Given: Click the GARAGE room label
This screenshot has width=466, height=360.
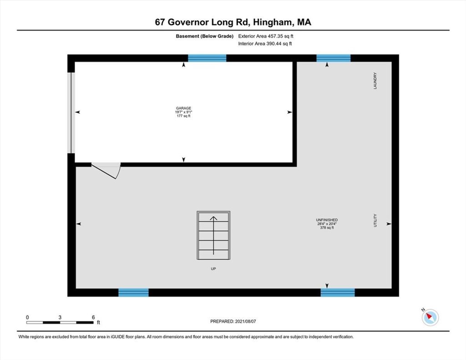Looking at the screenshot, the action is (184, 108).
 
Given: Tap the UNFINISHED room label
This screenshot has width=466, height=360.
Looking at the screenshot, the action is (327, 220).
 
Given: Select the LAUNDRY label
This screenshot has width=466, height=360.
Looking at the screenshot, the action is (375, 81).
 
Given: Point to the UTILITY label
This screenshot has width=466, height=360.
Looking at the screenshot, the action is (375, 220).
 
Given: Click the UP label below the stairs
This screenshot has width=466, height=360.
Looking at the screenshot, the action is (213, 269).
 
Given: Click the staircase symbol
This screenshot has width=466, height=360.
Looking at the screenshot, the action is (213, 235).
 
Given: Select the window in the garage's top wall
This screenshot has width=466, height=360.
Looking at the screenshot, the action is (207, 58).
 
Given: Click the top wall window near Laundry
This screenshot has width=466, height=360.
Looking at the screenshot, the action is (334, 58).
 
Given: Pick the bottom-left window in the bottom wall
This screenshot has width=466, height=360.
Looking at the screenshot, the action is (133, 293).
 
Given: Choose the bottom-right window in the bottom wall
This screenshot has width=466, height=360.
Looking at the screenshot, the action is (338, 293).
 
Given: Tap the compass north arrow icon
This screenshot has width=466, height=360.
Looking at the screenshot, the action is (430, 317).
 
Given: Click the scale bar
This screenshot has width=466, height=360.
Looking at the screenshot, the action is (60, 322).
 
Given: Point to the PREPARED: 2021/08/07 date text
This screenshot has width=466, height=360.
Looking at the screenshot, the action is (233, 321).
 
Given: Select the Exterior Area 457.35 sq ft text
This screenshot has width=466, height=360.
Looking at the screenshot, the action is (266, 36).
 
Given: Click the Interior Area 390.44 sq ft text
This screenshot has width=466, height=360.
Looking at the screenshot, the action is (265, 44).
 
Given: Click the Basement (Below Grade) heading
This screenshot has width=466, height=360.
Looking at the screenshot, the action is (204, 36).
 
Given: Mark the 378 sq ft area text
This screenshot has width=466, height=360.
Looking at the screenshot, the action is (327, 228).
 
